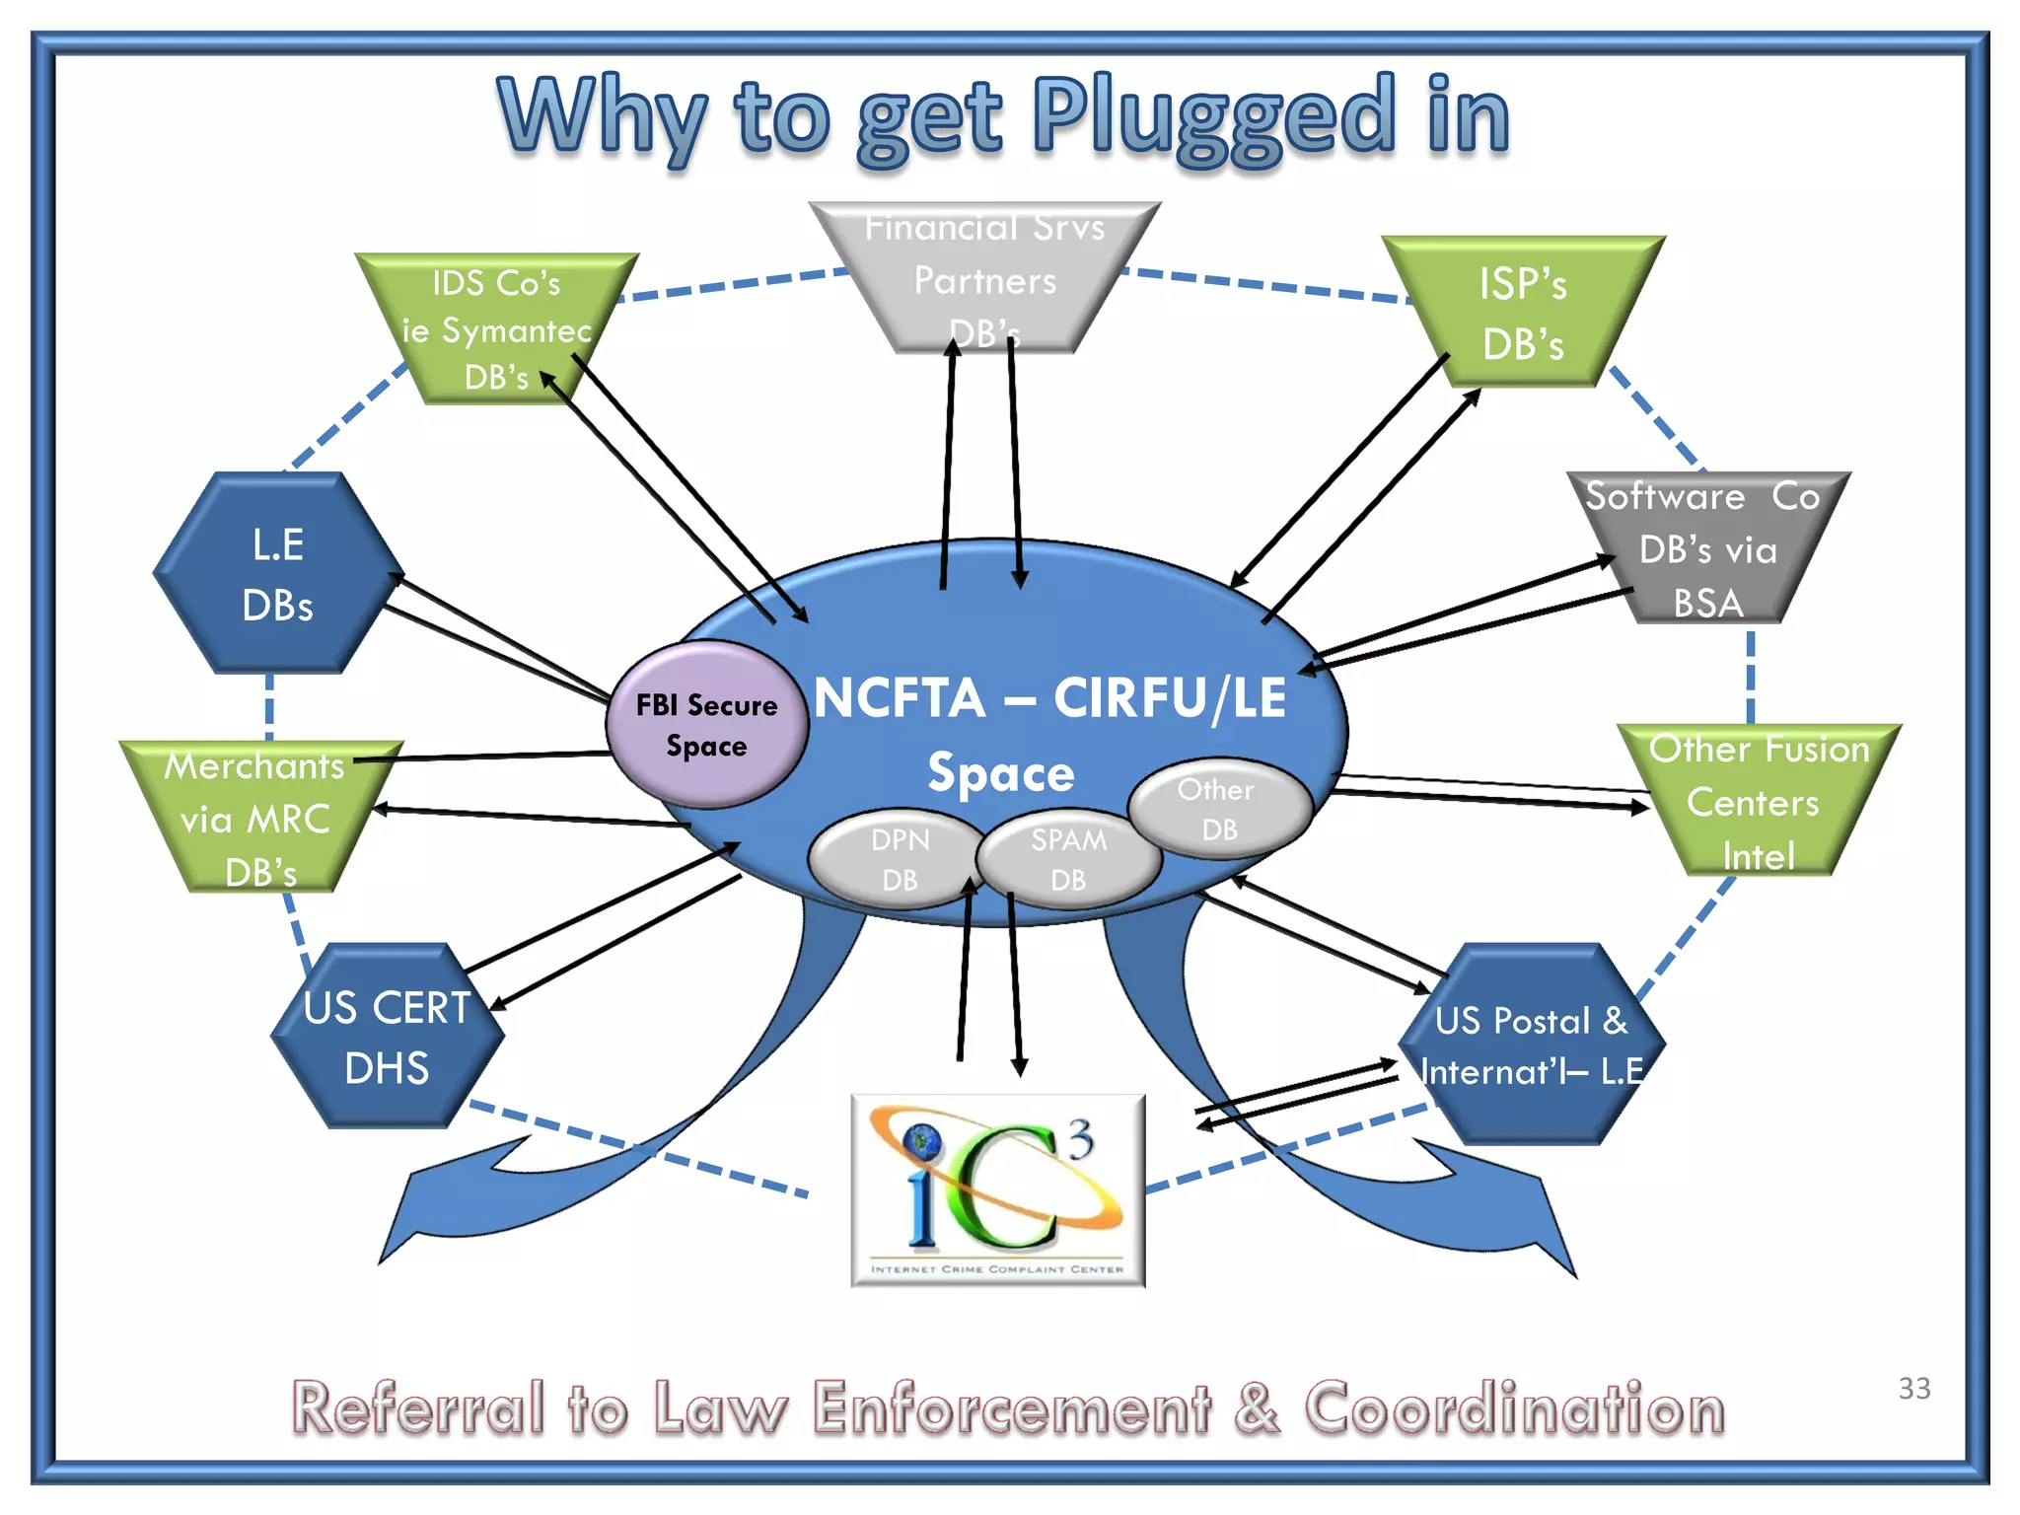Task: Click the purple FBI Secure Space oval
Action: [x=706, y=725]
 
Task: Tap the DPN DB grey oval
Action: [x=898, y=858]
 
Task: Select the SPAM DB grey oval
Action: [x=1068, y=858]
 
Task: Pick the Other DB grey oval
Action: [x=1219, y=809]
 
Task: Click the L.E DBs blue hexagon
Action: [x=277, y=574]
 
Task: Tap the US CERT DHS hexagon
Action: [x=387, y=1037]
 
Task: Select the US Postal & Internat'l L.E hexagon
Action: [x=1531, y=1045]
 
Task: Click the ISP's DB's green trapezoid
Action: [x=1522, y=314]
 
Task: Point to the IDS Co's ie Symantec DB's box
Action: [x=496, y=329]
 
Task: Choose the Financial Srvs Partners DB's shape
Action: [x=984, y=279]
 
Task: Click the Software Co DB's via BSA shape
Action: [x=1707, y=548]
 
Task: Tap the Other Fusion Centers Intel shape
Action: [x=1758, y=801]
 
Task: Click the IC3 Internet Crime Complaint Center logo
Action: [x=997, y=1190]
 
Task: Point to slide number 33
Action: [x=1913, y=1388]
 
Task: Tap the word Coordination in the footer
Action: [x=1514, y=1408]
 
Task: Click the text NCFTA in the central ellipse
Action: [x=900, y=698]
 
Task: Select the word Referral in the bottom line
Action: [x=418, y=1408]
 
